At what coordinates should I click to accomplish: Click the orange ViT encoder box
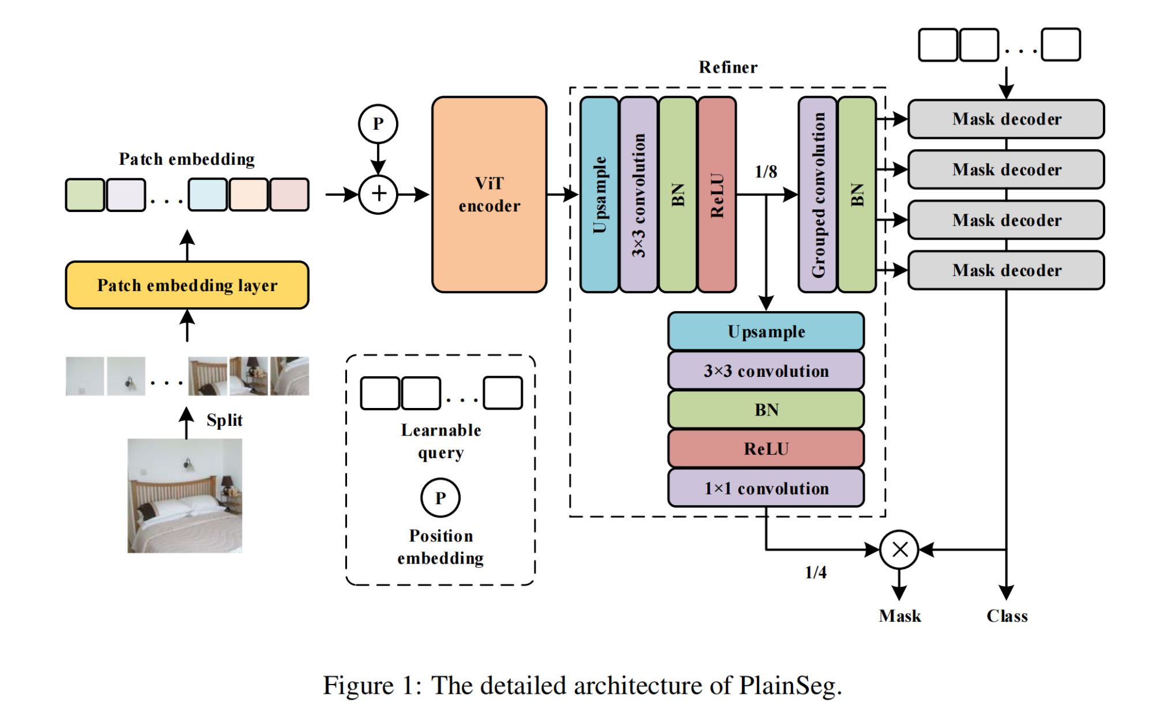489,195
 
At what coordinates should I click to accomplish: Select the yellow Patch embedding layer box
187,285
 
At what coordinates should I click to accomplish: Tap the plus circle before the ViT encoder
378,195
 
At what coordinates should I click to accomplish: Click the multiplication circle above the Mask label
899,550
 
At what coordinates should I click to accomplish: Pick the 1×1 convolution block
766,488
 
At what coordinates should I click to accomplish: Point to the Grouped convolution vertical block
817,195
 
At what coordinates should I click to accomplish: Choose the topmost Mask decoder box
1006,119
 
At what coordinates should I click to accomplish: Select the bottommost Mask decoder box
1006,270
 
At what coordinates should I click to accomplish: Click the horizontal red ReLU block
766,448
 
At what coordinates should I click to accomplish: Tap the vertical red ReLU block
717,195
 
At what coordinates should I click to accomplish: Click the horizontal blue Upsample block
766,331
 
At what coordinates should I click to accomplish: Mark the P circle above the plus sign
378,124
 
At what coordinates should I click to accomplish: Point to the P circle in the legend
440,498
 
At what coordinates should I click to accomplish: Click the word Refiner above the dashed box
728,67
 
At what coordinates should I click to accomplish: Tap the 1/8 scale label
766,172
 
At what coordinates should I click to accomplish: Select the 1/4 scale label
815,572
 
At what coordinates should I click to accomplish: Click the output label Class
1007,616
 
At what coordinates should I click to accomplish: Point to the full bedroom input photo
184,496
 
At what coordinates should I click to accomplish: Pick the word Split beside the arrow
224,420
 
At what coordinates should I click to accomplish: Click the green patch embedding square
85,195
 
